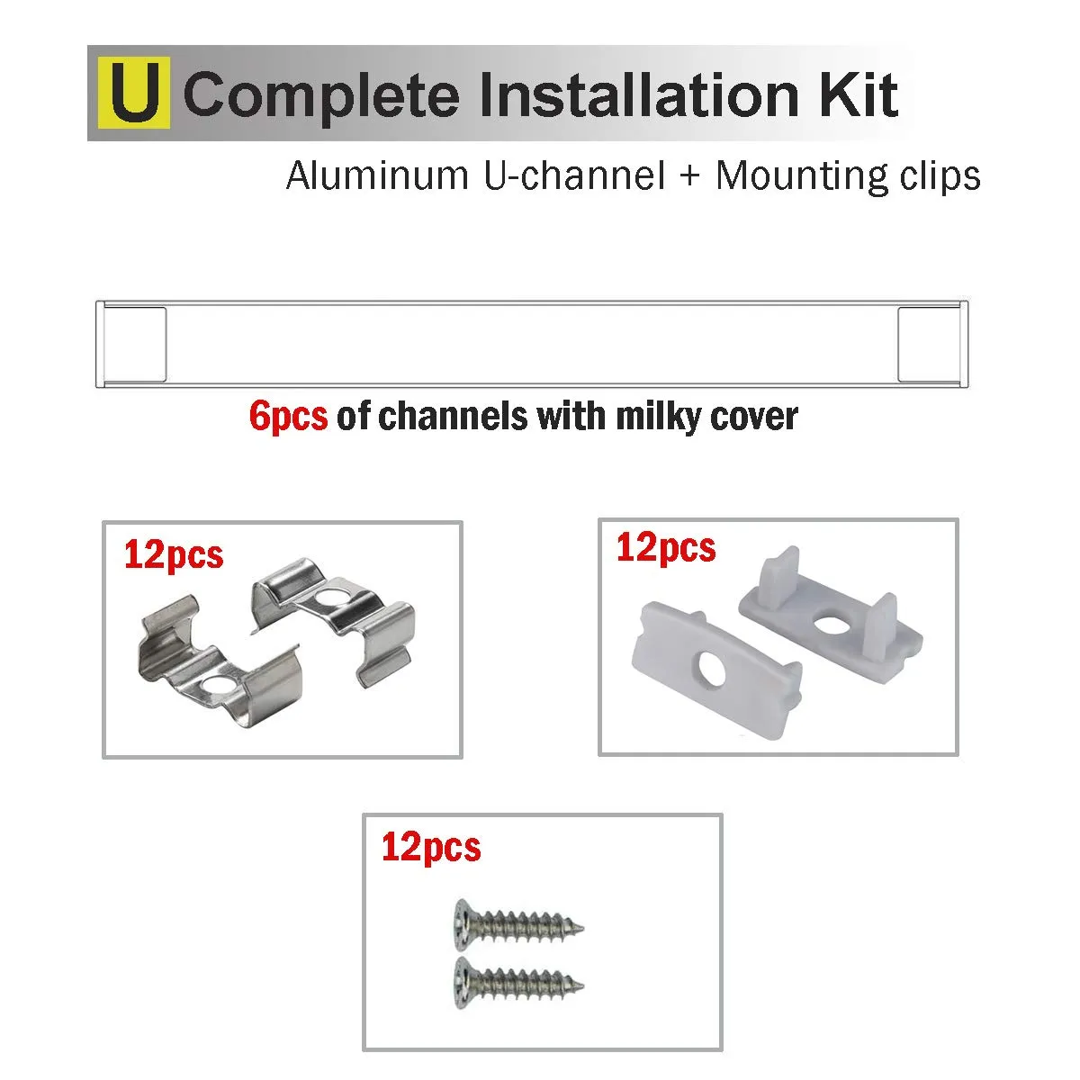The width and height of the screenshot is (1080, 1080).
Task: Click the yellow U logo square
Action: pyautogui.click(x=134, y=93)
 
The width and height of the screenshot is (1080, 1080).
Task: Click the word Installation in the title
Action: pyautogui.click(x=639, y=94)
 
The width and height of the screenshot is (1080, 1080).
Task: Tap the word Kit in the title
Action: pyautogui.click(x=859, y=94)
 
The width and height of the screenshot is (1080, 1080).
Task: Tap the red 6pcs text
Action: pyautogui.click(x=289, y=418)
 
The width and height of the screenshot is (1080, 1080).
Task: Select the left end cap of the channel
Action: pyautogui.click(x=133, y=344)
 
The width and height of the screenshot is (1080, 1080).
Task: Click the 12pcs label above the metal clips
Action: pyautogui.click(x=174, y=555)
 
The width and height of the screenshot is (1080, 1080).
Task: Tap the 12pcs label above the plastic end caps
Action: pyautogui.click(x=666, y=547)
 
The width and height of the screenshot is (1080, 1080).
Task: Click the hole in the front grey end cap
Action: pyautogui.click(x=711, y=670)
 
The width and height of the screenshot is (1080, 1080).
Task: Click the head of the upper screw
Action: pyautogui.click(x=463, y=925)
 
